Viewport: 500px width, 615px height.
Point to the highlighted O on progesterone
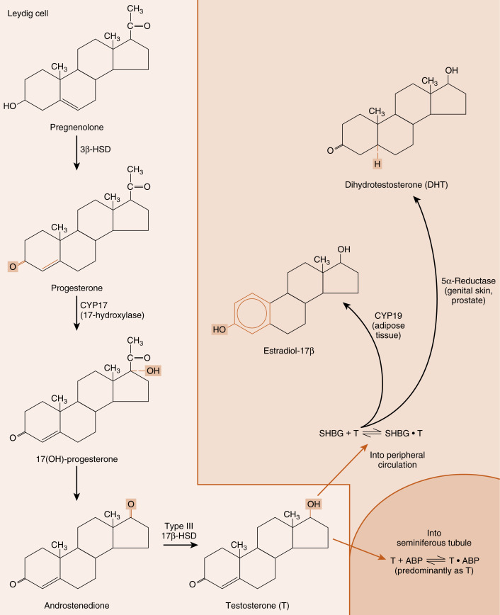[11, 266]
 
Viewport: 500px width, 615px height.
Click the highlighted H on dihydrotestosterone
[377, 164]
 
